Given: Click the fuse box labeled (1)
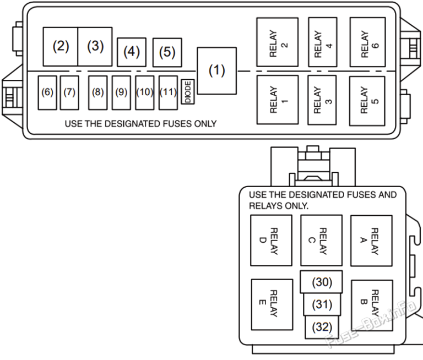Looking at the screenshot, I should (x=217, y=70).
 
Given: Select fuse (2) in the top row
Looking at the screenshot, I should (x=61, y=47).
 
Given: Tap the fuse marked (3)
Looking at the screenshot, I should (x=95, y=47).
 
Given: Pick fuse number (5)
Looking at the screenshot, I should (x=167, y=52).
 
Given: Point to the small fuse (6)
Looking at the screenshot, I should (x=47, y=92).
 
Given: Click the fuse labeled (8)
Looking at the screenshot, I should (x=98, y=92).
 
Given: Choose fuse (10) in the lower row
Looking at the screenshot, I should (x=144, y=92).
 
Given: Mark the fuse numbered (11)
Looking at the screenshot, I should (x=168, y=92).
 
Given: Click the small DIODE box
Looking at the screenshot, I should (x=187, y=91).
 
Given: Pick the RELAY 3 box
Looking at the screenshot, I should (x=322, y=99).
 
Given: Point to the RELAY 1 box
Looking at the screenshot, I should (x=277, y=99).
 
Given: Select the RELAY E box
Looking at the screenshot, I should (x=272, y=304).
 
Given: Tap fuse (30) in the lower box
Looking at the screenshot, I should (x=321, y=282).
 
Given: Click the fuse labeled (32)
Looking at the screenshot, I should (x=321, y=327).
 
